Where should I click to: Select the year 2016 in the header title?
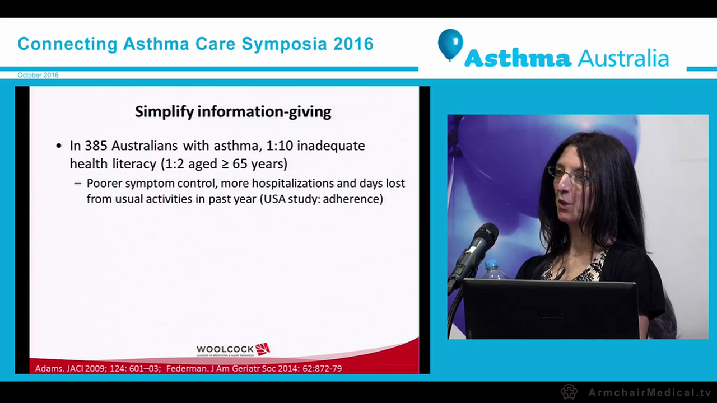click(353, 44)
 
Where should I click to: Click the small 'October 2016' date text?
click(38, 75)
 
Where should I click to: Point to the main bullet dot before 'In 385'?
click(59, 146)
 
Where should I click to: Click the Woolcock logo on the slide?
click(232, 350)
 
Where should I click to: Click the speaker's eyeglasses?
click(569, 175)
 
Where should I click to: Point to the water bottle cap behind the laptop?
click(492, 264)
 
